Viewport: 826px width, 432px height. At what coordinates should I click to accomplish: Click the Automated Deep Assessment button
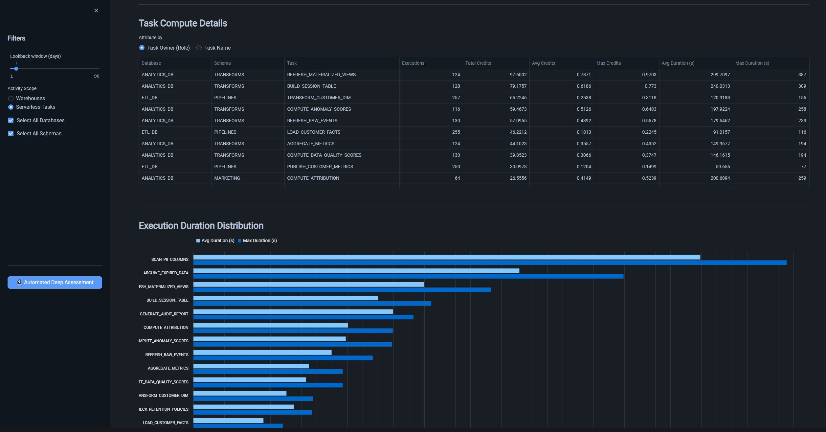pyautogui.click(x=55, y=283)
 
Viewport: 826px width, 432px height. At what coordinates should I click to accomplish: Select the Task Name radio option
pyautogui.click(x=199, y=48)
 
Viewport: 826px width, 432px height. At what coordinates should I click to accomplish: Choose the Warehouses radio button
pyautogui.click(x=11, y=99)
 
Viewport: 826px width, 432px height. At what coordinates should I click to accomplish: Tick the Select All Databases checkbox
pyautogui.click(x=11, y=121)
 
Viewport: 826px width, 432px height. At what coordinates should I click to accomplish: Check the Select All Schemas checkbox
pyautogui.click(x=11, y=134)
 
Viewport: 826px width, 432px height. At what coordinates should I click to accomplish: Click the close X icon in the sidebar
pyautogui.click(x=96, y=11)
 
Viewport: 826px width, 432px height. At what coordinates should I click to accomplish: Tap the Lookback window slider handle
pyautogui.click(x=16, y=69)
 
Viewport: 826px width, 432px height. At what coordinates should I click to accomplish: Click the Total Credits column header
pyautogui.click(x=478, y=63)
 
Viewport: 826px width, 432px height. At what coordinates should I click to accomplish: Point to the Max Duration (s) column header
pyautogui.click(x=752, y=63)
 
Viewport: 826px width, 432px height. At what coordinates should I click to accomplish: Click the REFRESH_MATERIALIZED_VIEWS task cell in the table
pyautogui.click(x=321, y=75)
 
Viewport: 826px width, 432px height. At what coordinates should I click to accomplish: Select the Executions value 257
pyautogui.click(x=456, y=98)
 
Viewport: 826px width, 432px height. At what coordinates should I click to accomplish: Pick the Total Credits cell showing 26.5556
pyautogui.click(x=518, y=178)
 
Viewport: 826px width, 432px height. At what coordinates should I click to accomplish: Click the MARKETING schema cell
pyautogui.click(x=227, y=178)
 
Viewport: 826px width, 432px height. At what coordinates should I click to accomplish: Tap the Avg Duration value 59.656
pyautogui.click(x=723, y=167)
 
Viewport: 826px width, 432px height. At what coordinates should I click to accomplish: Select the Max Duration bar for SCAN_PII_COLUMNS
pyautogui.click(x=490, y=263)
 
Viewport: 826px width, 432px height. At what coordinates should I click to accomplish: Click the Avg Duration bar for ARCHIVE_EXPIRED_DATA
pyautogui.click(x=356, y=271)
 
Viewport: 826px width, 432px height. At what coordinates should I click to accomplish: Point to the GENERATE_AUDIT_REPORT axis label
pyautogui.click(x=164, y=314)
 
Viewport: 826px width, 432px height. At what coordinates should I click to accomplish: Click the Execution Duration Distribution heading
pyautogui.click(x=201, y=226)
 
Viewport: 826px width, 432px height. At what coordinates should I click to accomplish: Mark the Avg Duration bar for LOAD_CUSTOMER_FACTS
pyautogui.click(x=228, y=421)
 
